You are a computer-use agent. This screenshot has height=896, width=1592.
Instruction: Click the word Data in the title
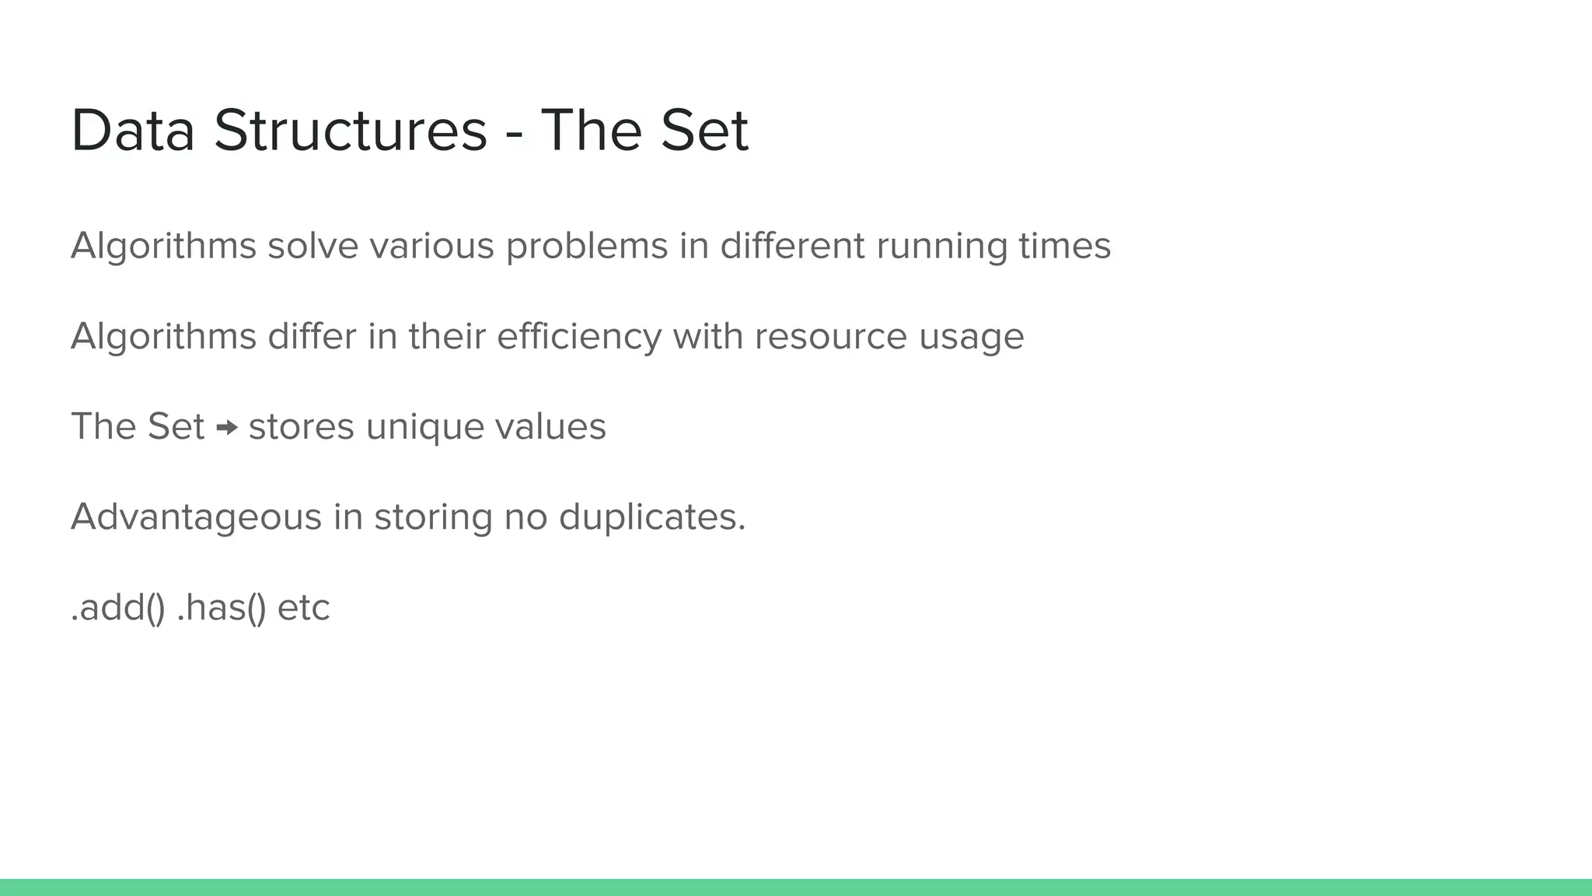(132, 131)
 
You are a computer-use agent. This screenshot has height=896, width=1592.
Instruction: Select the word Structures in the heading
(351, 131)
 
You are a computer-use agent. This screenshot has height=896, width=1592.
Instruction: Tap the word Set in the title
(704, 131)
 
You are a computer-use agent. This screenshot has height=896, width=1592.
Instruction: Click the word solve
(312, 247)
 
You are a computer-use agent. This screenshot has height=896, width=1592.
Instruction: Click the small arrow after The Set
(227, 427)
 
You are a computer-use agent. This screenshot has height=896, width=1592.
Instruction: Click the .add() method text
(117, 608)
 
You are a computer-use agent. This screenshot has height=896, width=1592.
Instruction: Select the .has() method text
(222, 608)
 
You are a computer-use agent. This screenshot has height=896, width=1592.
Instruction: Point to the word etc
(304, 608)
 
